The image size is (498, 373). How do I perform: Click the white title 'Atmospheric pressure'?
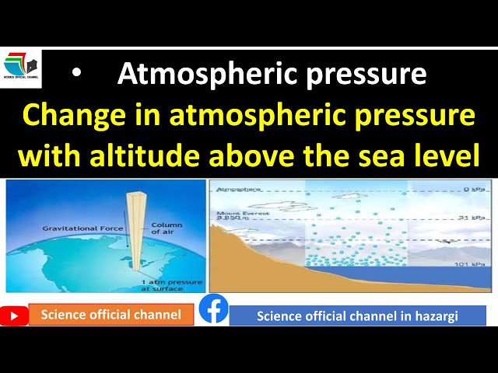tap(272, 74)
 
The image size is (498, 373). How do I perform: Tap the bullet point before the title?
tap(75, 74)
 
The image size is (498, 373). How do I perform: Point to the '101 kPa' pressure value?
tap(469, 265)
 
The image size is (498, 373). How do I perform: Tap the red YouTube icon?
tap(15, 315)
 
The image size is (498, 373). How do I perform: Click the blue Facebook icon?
tap(214, 309)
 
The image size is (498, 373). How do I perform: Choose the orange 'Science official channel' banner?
tap(111, 315)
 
